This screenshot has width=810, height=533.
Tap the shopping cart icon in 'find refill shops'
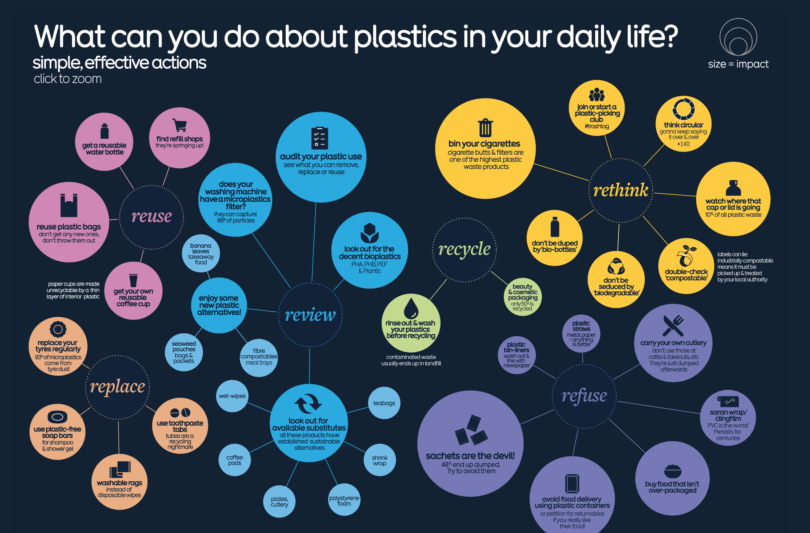pyautogui.click(x=180, y=125)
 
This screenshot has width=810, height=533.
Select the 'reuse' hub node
pyautogui.click(x=151, y=217)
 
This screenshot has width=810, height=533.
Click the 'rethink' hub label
pyautogui.click(x=620, y=190)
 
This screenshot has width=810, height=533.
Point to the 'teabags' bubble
pyautogui.click(x=384, y=403)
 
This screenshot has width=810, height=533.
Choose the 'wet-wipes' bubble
pyautogui.click(x=232, y=396)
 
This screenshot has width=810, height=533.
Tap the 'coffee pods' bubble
pyautogui.click(x=234, y=460)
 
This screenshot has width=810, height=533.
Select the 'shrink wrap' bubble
pyautogui.click(x=380, y=460)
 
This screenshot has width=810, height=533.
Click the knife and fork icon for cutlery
pyautogui.click(x=673, y=325)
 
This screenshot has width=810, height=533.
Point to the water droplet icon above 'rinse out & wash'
pyautogui.click(x=411, y=308)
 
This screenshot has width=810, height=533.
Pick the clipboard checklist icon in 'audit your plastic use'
pyautogui.click(x=320, y=138)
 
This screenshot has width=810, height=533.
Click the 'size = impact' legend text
pyautogui.click(x=738, y=64)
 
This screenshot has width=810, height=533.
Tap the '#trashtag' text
pyautogui.click(x=597, y=126)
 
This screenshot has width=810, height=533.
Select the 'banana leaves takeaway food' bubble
pyautogui.click(x=201, y=253)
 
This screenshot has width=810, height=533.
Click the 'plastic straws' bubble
pyautogui.click(x=581, y=333)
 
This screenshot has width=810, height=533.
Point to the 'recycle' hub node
pyautogui.click(x=464, y=250)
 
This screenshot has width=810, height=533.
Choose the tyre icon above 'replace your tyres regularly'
pyautogui.click(x=58, y=329)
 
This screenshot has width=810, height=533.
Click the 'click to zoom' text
pyautogui.click(x=68, y=79)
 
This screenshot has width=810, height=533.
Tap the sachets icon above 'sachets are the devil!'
pyautogui.click(x=471, y=430)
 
